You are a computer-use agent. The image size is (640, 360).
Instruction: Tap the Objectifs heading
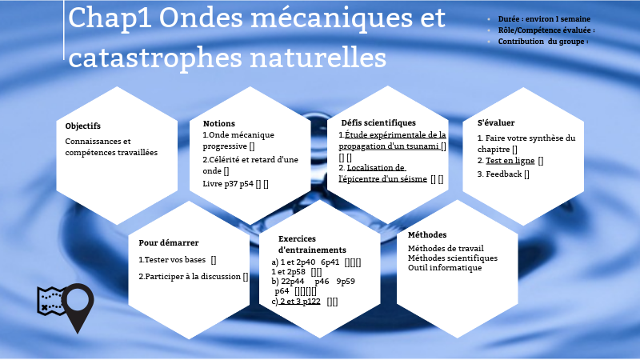(x=83, y=126)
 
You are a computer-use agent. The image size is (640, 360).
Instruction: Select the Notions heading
(x=219, y=124)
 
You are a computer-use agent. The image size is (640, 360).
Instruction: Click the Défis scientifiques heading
(x=378, y=123)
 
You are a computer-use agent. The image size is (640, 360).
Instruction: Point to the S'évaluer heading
(x=496, y=123)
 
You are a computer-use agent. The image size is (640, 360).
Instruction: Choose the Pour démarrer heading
(x=169, y=242)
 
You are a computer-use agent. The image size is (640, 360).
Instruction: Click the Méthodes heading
(x=427, y=235)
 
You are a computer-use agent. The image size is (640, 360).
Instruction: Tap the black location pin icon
(x=78, y=308)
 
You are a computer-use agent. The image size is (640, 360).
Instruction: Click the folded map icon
(x=50, y=301)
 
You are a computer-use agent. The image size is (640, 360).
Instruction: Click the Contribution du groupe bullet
(x=543, y=41)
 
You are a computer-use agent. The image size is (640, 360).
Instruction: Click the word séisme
(x=412, y=179)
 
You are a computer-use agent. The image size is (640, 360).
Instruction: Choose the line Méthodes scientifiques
(x=453, y=258)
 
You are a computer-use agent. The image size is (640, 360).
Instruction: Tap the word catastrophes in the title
(x=153, y=58)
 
